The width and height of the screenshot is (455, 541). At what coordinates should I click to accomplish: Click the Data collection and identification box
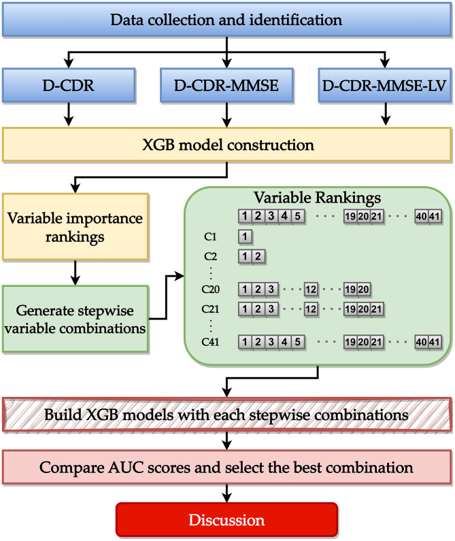click(226, 20)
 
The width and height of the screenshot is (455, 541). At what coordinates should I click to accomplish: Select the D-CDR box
click(69, 85)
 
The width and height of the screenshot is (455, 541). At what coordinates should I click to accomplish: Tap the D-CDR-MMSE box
click(226, 85)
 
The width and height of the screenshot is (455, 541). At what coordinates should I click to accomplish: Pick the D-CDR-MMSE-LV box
click(384, 85)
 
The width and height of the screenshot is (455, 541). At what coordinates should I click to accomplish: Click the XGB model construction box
click(226, 145)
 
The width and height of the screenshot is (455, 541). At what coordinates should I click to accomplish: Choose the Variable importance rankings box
click(75, 227)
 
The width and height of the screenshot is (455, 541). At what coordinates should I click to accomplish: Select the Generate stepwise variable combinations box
click(75, 319)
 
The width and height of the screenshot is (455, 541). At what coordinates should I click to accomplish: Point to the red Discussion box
click(226, 520)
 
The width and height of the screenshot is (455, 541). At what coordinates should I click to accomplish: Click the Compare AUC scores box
click(226, 467)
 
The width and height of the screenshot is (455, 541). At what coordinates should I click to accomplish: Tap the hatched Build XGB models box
click(226, 415)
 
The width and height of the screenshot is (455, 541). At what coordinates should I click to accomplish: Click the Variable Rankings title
click(317, 198)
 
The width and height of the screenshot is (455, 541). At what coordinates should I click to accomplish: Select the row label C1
click(210, 237)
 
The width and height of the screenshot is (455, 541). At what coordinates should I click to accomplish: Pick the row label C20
click(210, 289)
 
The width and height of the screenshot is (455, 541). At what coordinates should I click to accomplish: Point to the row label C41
click(210, 342)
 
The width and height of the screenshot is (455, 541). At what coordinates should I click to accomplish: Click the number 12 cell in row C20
click(311, 289)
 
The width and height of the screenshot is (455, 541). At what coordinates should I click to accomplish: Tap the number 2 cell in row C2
click(258, 256)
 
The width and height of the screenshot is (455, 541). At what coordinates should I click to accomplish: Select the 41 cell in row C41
click(435, 342)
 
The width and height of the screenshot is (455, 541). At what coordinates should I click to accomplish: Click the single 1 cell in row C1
click(245, 237)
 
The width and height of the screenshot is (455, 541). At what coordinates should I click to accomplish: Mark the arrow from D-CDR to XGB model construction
click(69, 114)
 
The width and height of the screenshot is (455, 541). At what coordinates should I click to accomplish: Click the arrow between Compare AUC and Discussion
click(226, 493)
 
